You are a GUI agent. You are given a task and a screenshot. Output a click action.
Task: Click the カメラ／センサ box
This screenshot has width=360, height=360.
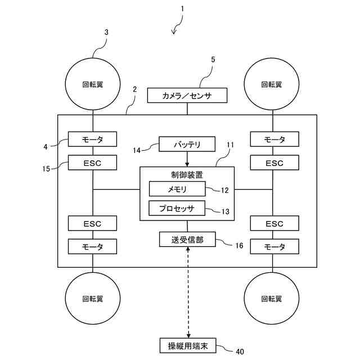click(x=187, y=95)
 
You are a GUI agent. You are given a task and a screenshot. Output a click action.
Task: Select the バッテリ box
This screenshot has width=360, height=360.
click(x=187, y=144)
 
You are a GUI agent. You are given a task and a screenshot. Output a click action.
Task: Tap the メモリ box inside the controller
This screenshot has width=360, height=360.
click(x=177, y=189)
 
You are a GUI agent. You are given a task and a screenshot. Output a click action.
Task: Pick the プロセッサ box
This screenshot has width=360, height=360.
click(x=177, y=208)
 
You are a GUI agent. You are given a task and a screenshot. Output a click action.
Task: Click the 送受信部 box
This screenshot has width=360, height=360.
click(x=187, y=240)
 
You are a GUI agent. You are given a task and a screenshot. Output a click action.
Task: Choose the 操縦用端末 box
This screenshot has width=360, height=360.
click(x=188, y=345)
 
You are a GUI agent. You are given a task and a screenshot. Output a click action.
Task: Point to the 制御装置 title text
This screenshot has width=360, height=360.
click(x=187, y=175)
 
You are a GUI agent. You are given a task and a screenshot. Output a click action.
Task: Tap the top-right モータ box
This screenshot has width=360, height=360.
click(x=274, y=139)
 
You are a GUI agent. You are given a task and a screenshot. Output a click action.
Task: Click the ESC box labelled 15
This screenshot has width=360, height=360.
click(x=92, y=163)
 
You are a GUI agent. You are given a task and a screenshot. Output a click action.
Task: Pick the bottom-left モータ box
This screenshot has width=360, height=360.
click(x=92, y=246)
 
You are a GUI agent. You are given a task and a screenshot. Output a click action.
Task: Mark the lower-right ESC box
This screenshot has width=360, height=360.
click(x=274, y=223)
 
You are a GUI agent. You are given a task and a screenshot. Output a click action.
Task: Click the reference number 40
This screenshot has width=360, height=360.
click(x=240, y=352)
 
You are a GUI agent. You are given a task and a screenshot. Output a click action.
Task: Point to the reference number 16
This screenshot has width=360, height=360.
click(x=239, y=246)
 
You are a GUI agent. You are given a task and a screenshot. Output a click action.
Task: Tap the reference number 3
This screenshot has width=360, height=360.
click(x=106, y=33)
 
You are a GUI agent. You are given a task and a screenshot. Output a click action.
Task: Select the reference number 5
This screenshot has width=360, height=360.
click(x=213, y=60)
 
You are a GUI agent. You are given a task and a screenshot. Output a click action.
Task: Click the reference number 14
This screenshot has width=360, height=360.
click(x=137, y=150)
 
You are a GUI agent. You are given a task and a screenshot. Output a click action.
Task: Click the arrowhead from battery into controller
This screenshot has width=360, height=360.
click(x=187, y=164)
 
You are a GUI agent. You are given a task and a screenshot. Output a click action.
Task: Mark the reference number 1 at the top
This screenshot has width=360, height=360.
click(x=182, y=9)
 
